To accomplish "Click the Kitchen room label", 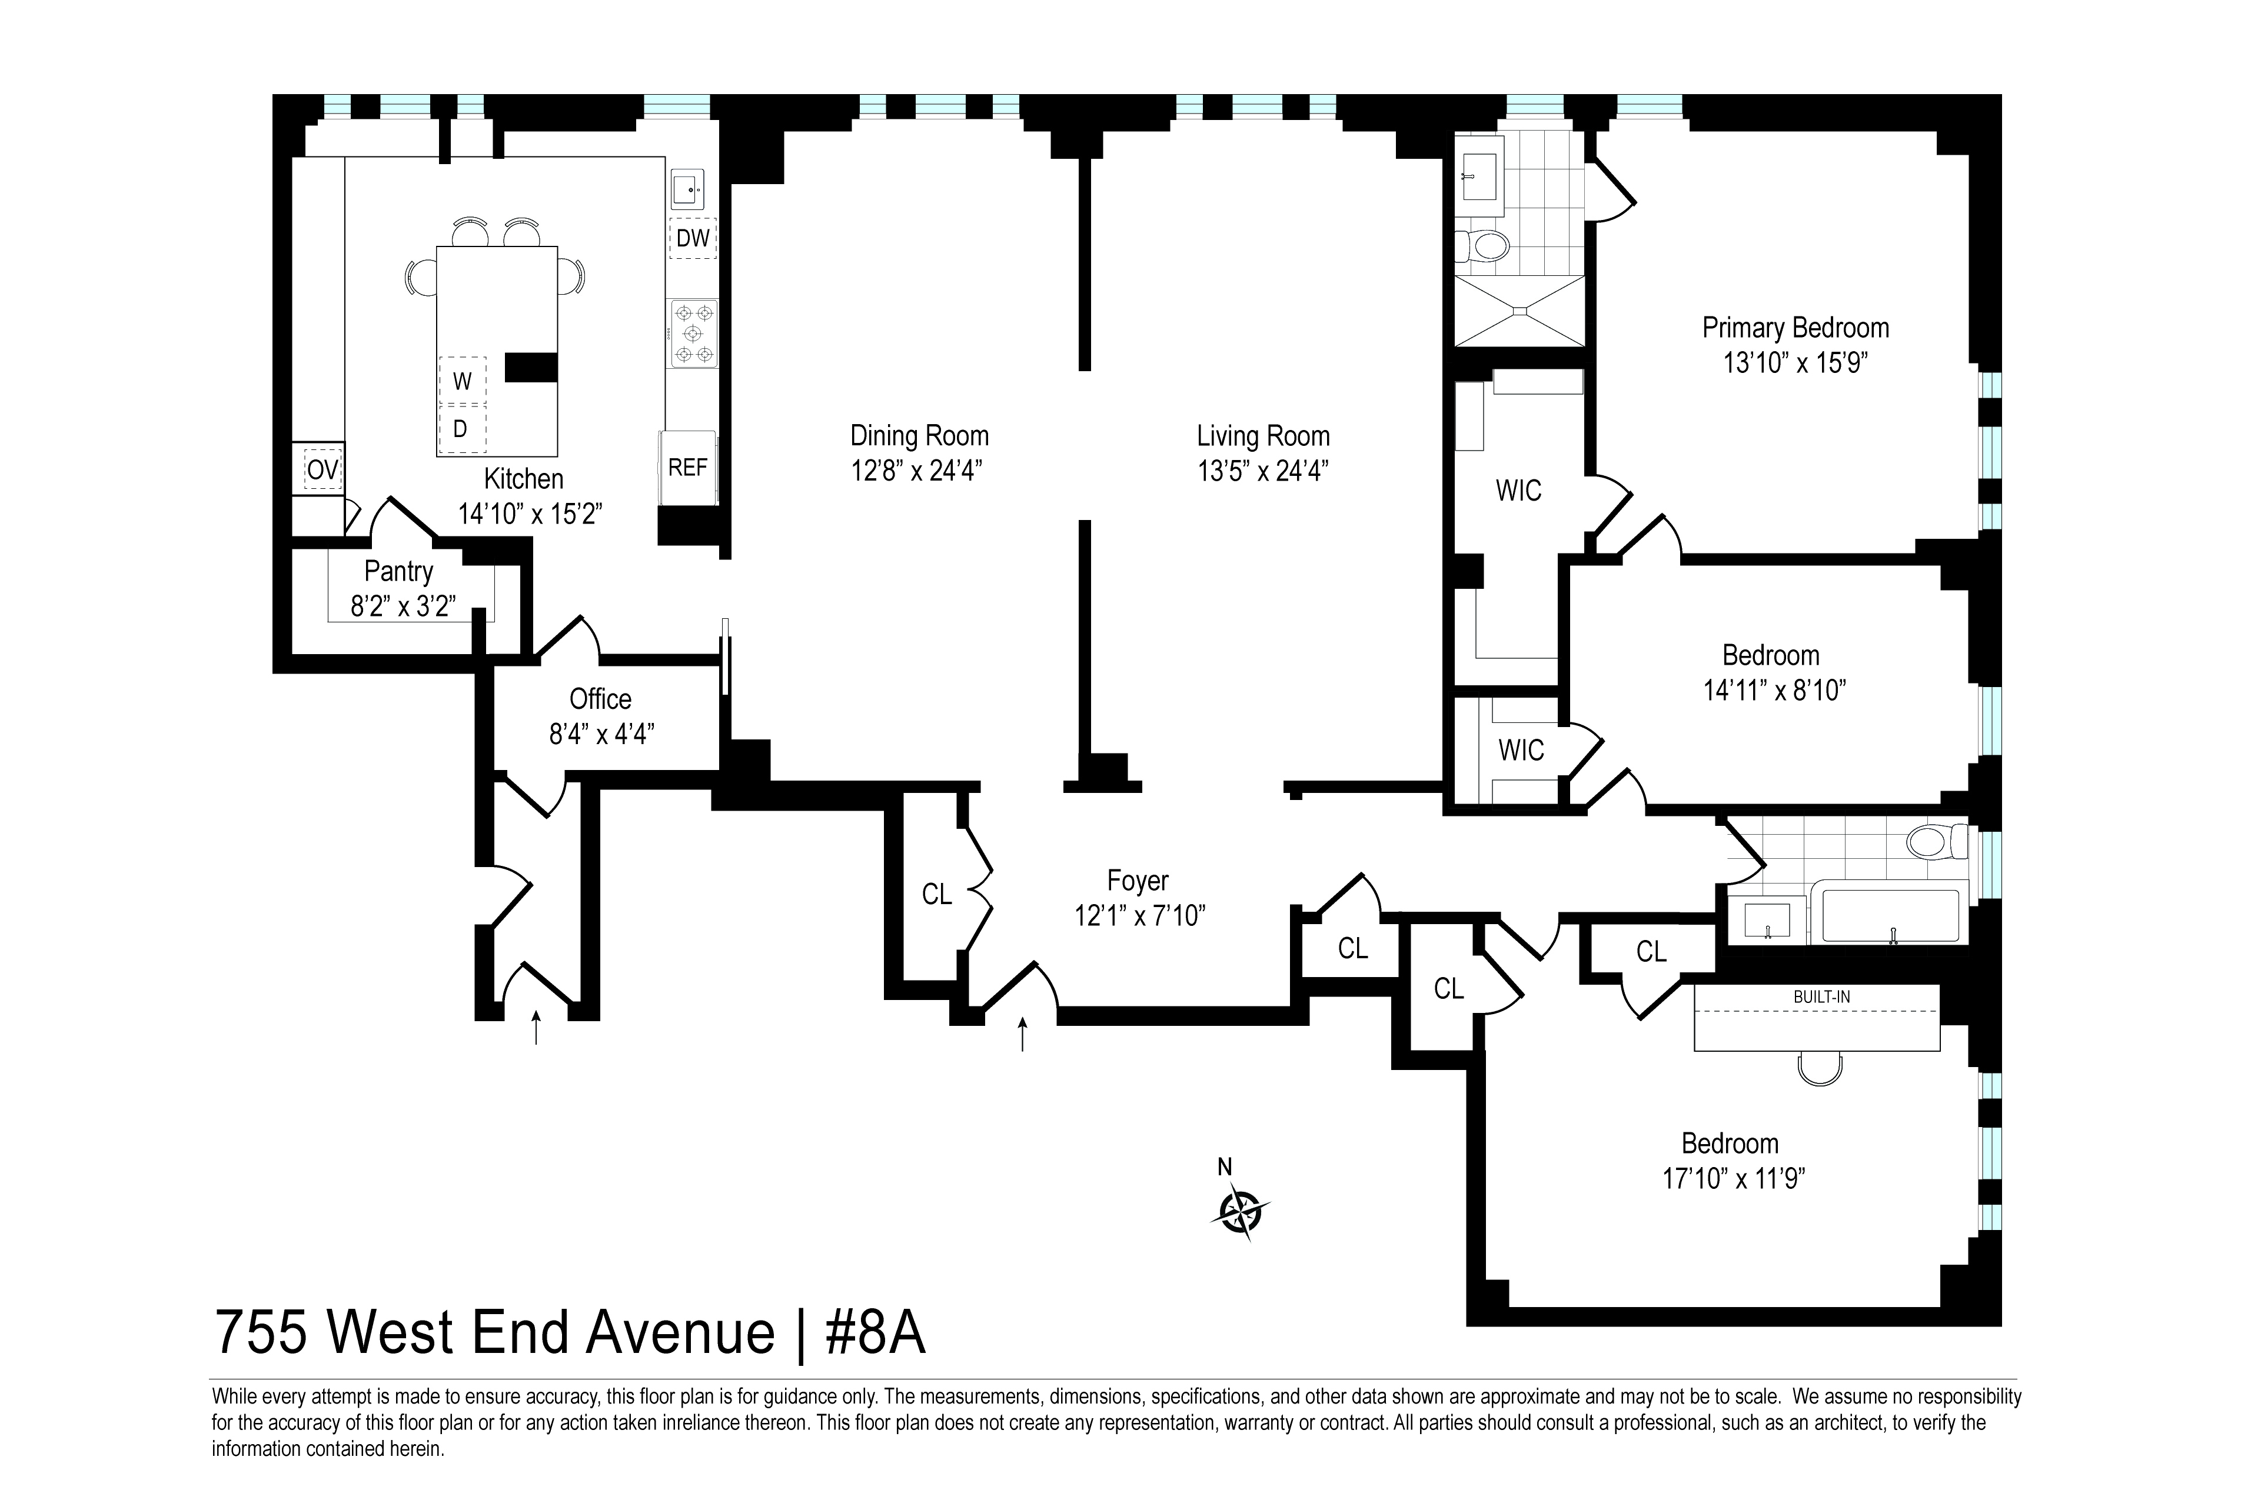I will [x=524, y=478].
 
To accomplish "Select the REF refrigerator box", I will [x=687, y=468].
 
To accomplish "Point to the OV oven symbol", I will [x=322, y=470].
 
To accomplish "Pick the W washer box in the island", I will [x=462, y=381].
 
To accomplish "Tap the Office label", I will [x=600, y=699].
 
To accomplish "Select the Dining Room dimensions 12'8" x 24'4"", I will [x=918, y=471].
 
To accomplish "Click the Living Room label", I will [x=1264, y=436].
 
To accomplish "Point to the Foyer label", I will [x=1138, y=880].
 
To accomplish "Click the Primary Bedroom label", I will [x=1796, y=328].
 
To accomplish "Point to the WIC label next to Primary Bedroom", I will [x=1519, y=491].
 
